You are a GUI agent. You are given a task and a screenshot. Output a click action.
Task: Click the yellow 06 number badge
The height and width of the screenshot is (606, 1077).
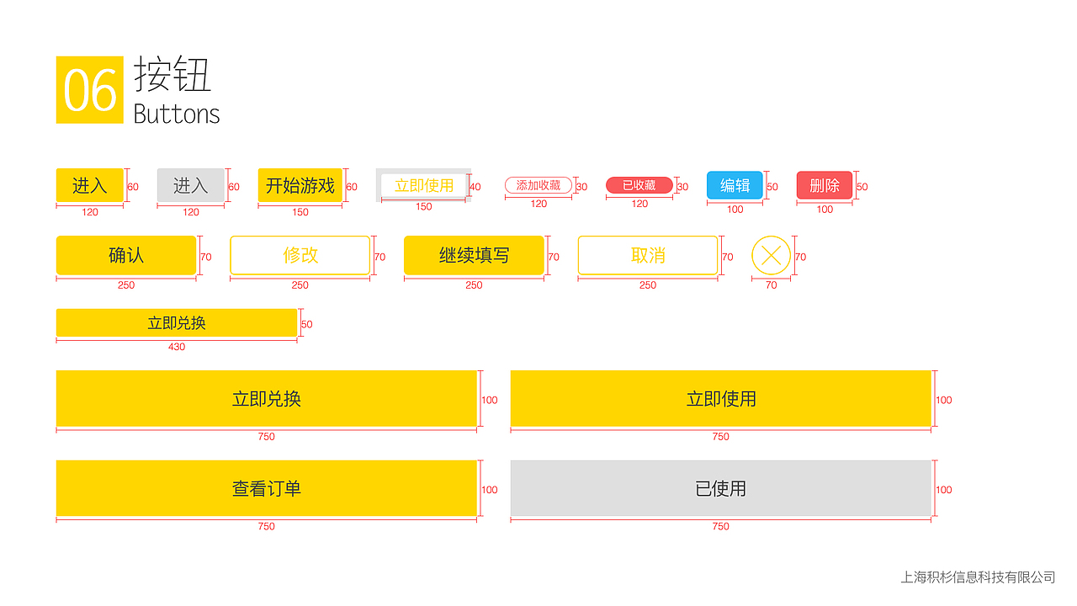[x=89, y=90]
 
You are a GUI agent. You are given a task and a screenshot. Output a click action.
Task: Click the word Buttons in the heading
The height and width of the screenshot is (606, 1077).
[x=177, y=114]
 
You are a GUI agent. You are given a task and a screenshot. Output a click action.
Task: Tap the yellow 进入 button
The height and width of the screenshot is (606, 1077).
[x=90, y=185]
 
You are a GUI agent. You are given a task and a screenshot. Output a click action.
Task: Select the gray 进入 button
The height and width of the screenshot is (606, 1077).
[x=191, y=185]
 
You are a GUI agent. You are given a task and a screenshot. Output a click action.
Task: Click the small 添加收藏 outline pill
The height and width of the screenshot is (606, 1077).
[x=538, y=185]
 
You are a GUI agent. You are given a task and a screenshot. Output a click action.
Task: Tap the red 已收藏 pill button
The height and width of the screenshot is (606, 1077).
[x=639, y=185]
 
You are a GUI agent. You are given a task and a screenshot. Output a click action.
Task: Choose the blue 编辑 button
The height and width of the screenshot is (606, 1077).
[x=735, y=185]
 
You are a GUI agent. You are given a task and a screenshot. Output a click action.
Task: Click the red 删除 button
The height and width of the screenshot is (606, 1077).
[x=825, y=185]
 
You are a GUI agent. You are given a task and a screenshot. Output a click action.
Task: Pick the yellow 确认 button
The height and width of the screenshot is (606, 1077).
[x=126, y=255]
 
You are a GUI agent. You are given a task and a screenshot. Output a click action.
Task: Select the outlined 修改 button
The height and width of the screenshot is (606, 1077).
[x=300, y=255]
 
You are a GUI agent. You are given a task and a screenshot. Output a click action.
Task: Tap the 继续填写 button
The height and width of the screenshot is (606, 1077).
[x=474, y=255]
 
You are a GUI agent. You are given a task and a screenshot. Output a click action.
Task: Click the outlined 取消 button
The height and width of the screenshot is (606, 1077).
[x=648, y=255]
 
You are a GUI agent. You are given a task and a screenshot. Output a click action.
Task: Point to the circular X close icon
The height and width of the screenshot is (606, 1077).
[x=771, y=256]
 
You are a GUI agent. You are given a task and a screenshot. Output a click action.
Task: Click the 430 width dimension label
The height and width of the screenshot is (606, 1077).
[x=177, y=347]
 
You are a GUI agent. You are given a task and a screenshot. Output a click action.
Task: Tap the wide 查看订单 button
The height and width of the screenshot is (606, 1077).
[x=267, y=488]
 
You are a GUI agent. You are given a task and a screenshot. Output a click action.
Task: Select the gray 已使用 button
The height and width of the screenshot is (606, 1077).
[x=720, y=488]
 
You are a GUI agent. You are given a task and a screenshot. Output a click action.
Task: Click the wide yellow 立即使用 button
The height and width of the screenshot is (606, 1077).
[x=720, y=398]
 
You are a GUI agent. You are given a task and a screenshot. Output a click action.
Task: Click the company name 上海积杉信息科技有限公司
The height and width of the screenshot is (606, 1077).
[x=978, y=577]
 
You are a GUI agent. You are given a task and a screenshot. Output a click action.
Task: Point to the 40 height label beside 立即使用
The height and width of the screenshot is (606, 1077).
[x=475, y=187]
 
